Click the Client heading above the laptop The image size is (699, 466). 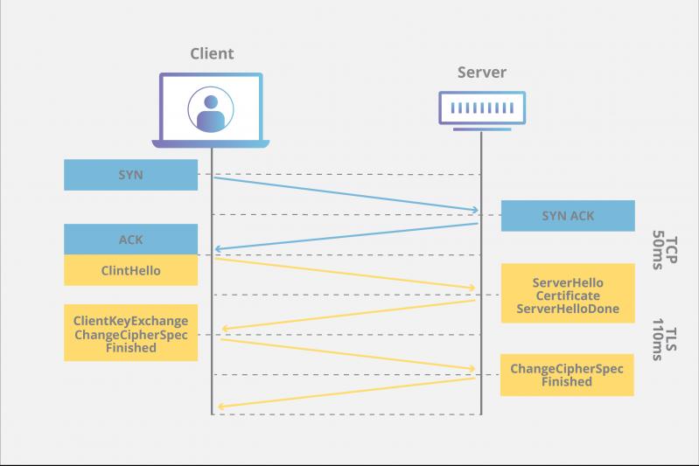pyautogui.click(x=213, y=53)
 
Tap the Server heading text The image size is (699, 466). pyautogui.click(x=482, y=72)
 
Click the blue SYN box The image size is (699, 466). pyautogui.click(x=130, y=175)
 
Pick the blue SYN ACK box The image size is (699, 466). pyautogui.click(x=567, y=216)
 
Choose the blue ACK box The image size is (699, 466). pyautogui.click(x=130, y=240)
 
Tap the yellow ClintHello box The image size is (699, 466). pyautogui.click(x=130, y=270)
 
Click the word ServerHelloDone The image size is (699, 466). pyautogui.click(x=567, y=309)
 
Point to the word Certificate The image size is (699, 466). pyautogui.click(x=567, y=296)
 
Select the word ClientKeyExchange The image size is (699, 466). pyautogui.click(x=130, y=322)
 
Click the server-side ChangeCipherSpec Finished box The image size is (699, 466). pyautogui.click(x=567, y=375)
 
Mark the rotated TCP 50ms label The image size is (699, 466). pyautogui.click(x=666, y=252)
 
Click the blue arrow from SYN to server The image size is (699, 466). pyautogui.click(x=346, y=194)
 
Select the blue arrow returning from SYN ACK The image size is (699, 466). pyautogui.click(x=346, y=236)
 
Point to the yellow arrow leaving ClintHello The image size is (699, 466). pyautogui.click(x=346, y=273)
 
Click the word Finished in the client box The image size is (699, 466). pyautogui.click(x=130, y=348)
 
